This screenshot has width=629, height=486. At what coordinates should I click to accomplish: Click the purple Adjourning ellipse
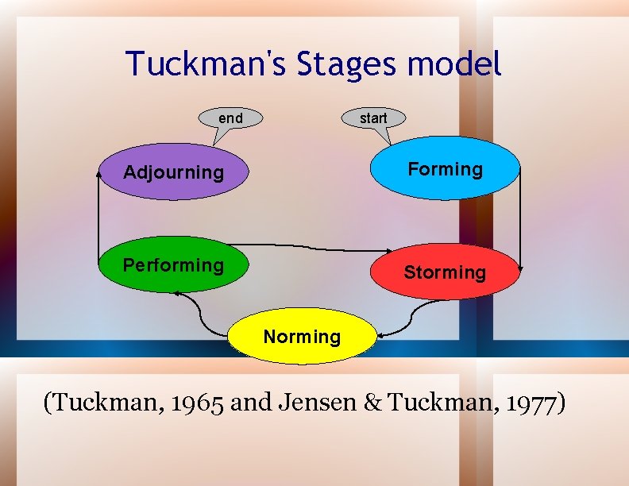(x=173, y=172)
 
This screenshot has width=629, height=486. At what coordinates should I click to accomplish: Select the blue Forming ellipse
(x=445, y=168)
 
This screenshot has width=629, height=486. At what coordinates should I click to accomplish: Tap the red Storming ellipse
(x=445, y=272)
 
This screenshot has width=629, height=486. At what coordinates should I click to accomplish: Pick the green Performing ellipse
(x=173, y=264)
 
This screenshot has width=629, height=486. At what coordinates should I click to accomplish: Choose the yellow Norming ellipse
(x=302, y=336)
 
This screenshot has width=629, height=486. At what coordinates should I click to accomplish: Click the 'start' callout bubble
(x=373, y=118)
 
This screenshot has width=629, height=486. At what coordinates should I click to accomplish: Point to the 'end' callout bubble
(x=230, y=118)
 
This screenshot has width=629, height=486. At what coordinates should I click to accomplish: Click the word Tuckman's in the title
(x=207, y=64)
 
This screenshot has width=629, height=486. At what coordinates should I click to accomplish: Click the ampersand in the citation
(x=372, y=403)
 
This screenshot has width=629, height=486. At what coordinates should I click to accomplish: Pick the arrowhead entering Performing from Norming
(x=178, y=294)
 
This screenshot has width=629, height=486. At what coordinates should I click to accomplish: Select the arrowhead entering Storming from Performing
(x=369, y=251)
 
